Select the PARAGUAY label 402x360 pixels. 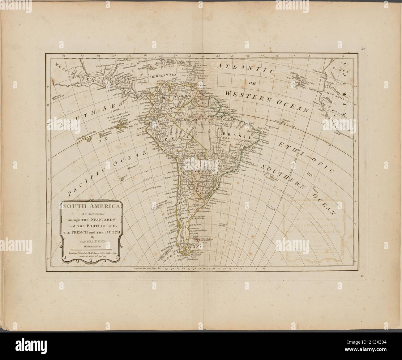[x=199, y=170]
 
